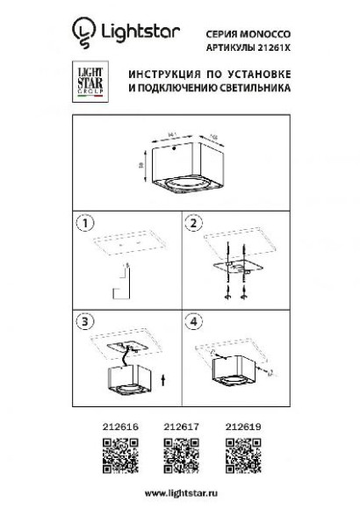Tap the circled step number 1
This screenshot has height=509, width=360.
[86, 223]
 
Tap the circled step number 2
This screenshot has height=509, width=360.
[196, 223]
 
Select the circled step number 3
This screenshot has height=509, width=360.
[86, 322]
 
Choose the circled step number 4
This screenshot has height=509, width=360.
[196, 322]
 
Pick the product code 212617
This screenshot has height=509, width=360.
[178, 424]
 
